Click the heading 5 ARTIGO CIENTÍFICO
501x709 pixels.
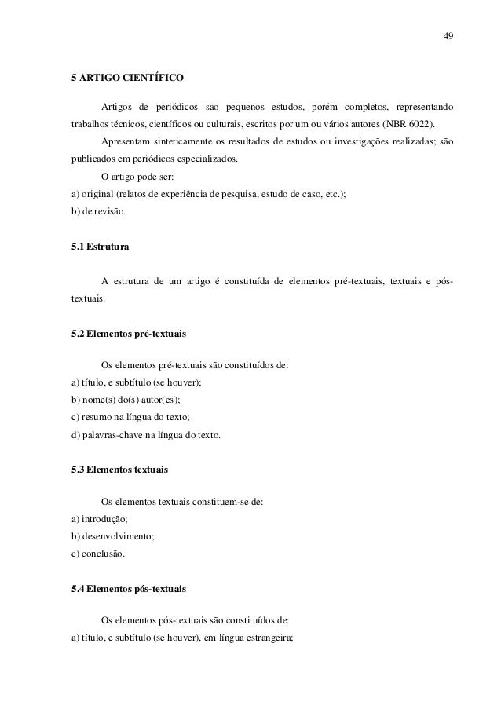(x=126, y=78)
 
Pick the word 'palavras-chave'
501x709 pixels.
(x=112, y=435)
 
